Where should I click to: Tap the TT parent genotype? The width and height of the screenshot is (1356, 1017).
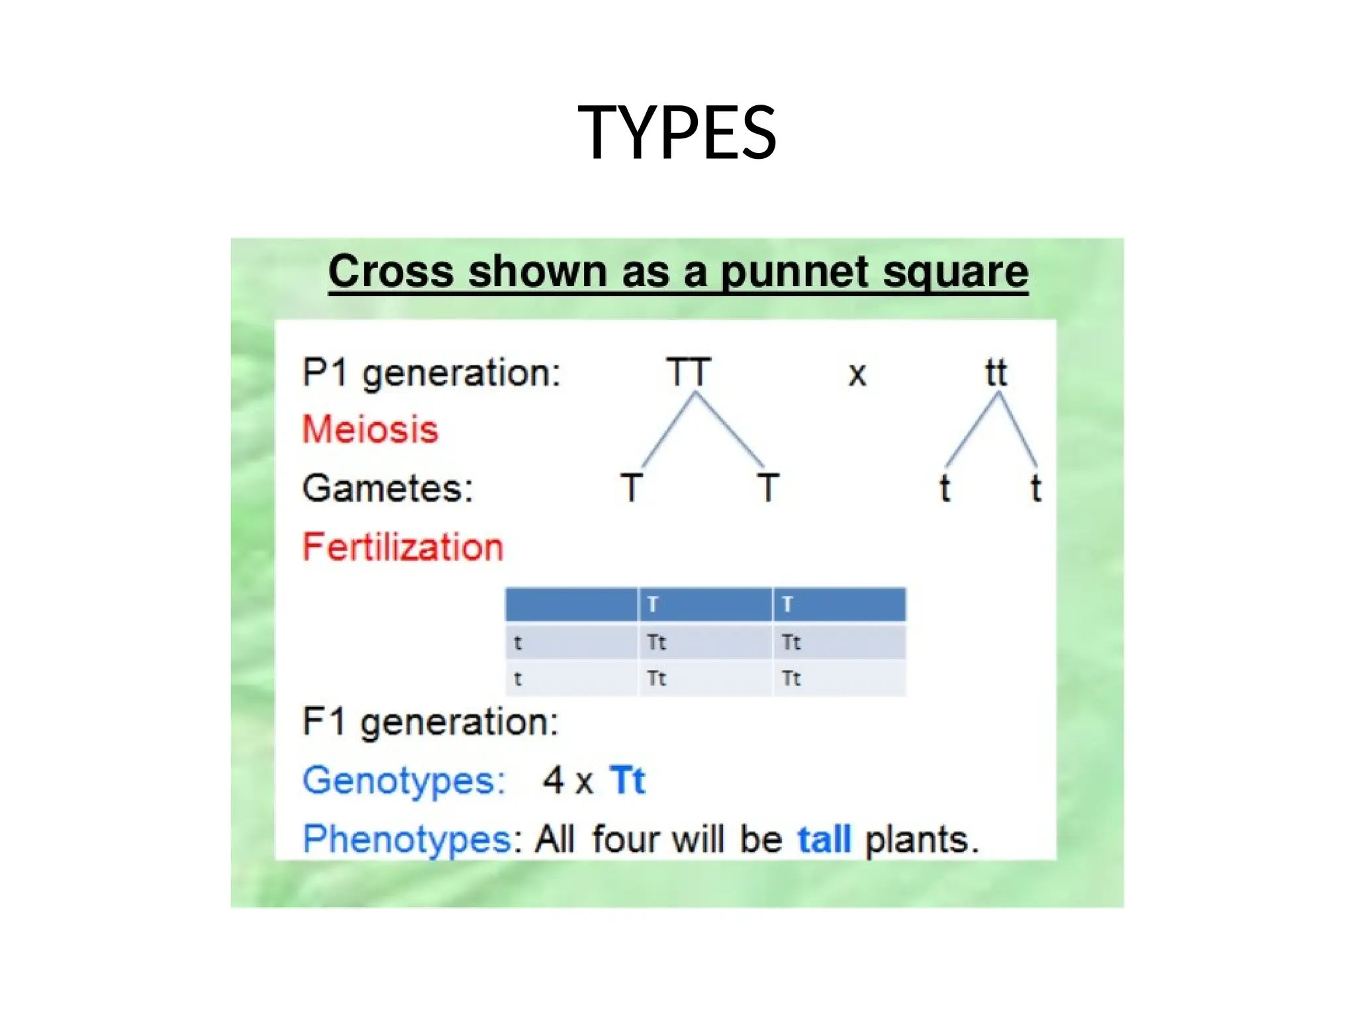(x=689, y=372)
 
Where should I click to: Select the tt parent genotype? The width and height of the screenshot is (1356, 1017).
(x=996, y=373)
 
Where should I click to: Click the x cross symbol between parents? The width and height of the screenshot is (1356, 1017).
(x=857, y=375)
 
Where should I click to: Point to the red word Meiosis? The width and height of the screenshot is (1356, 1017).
(x=370, y=429)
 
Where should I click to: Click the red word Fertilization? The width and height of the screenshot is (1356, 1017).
(x=403, y=548)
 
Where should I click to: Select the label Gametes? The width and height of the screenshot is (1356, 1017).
(x=388, y=489)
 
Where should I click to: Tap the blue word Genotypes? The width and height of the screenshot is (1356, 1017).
(x=404, y=780)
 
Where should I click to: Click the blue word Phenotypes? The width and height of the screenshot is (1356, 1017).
(x=406, y=840)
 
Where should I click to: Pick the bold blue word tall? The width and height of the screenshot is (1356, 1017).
(x=824, y=840)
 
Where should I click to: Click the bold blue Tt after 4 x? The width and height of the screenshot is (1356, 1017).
(x=626, y=780)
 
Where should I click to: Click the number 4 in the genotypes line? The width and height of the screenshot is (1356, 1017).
(x=553, y=780)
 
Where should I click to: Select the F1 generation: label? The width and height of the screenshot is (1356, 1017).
(x=430, y=722)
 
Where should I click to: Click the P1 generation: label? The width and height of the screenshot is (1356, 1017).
(x=431, y=373)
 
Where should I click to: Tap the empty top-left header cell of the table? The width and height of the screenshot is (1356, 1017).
(x=571, y=605)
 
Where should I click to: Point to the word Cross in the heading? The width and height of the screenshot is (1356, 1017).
(x=391, y=272)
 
